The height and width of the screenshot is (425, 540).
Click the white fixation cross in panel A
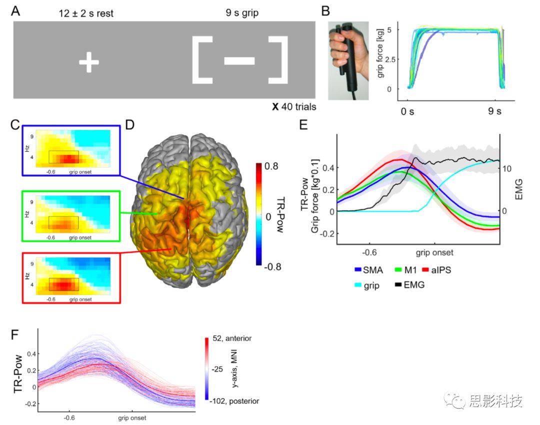tap(88, 63)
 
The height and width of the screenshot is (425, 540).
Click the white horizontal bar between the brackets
tap(239, 61)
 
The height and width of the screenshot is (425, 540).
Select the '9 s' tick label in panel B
tap(494, 110)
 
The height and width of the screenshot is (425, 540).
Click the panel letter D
tap(130, 123)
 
